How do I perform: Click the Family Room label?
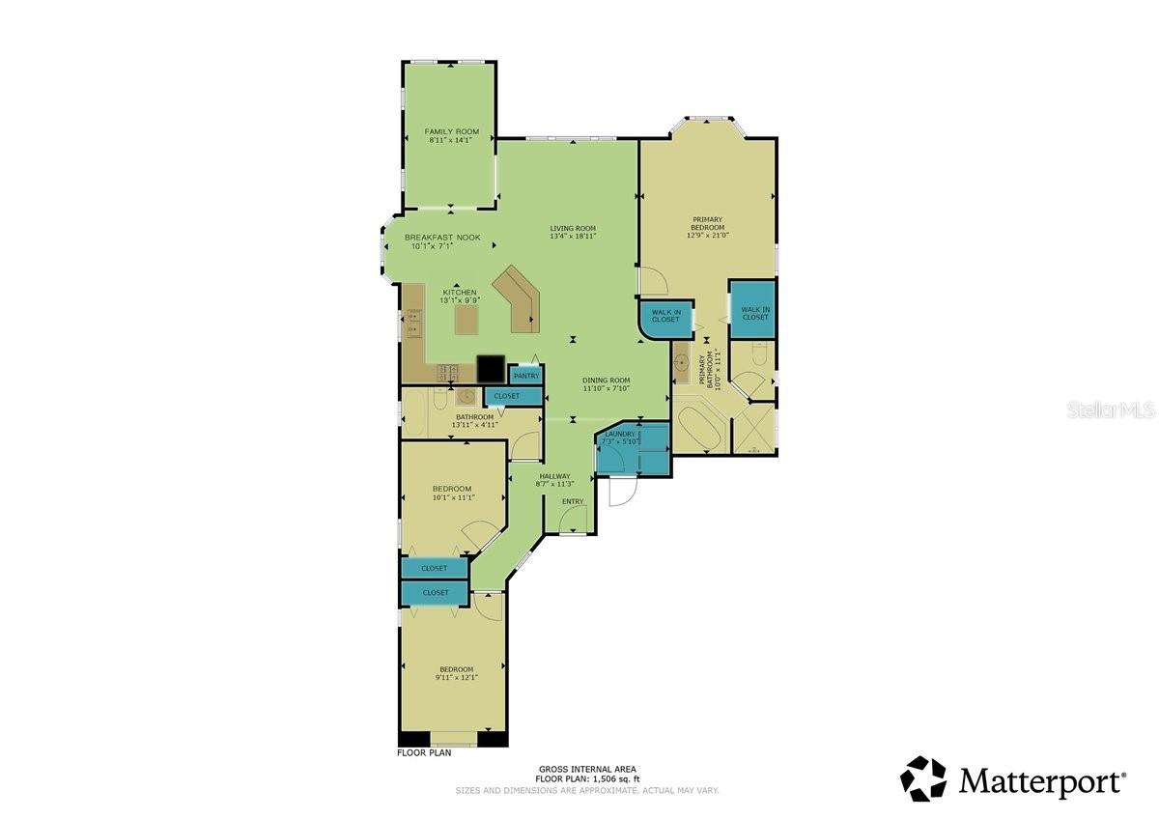coord(452,131)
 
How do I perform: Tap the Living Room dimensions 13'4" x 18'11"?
coord(573,236)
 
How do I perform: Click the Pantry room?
coord(525,375)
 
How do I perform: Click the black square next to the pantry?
coord(491,368)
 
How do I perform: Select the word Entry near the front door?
coord(572,500)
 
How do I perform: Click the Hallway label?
coord(554,476)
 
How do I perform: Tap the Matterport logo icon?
coord(923,778)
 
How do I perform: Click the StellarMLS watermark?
coord(1111,410)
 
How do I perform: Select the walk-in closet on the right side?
coord(753,309)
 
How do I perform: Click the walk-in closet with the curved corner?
coord(664,319)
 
